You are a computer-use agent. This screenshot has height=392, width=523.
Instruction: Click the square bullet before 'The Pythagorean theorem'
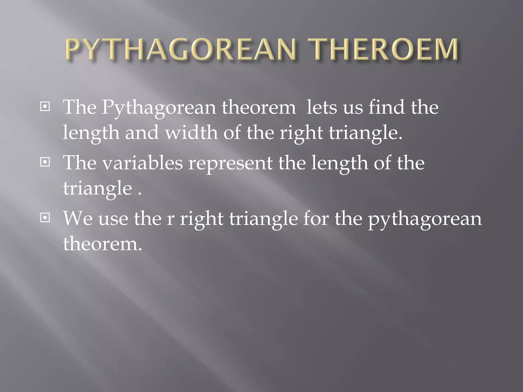pyautogui.click(x=45, y=106)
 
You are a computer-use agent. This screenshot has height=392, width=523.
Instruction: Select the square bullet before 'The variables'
pyautogui.click(x=45, y=162)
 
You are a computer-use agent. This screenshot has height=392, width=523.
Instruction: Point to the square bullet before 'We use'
pyautogui.click(x=45, y=218)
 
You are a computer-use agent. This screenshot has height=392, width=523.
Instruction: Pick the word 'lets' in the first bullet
pyautogui.click(x=322, y=107)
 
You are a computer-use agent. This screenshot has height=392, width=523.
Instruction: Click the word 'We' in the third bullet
pyautogui.click(x=78, y=219)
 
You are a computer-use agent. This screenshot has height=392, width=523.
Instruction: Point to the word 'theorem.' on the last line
pyautogui.click(x=102, y=244)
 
